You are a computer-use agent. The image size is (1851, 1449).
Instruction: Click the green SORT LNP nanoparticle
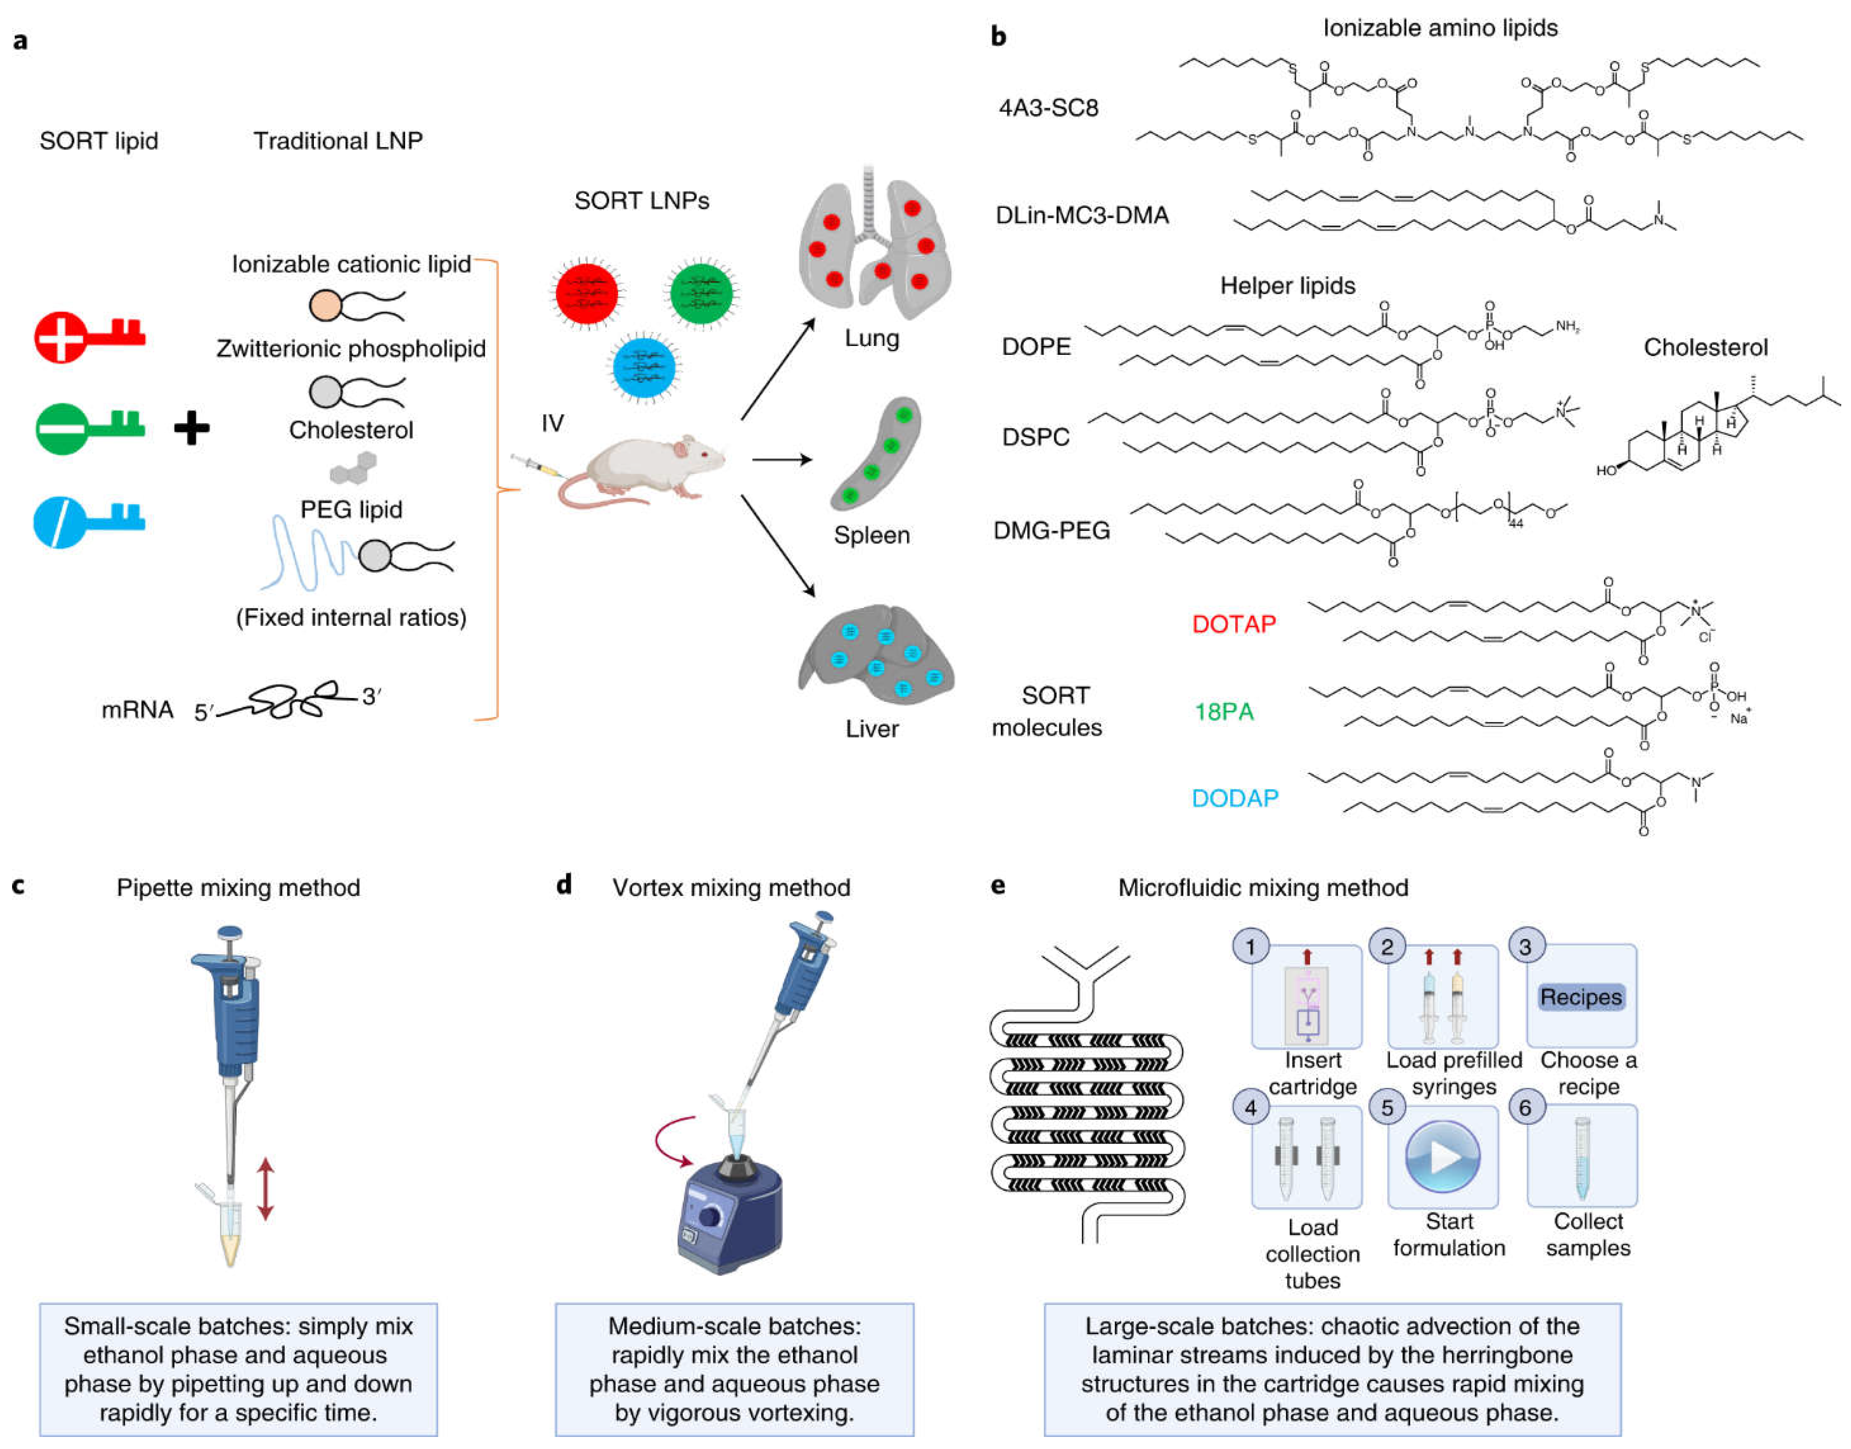click(x=701, y=293)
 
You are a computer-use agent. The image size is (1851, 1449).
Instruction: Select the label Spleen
click(x=871, y=535)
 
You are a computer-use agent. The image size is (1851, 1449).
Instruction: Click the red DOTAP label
click(x=1233, y=625)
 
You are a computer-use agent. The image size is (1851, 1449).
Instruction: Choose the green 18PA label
click(x=1223, y=712)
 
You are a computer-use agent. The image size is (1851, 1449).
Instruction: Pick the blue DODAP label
click(x=1234, y=798)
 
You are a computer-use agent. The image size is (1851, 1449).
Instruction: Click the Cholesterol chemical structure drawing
click(x=1714, y=428)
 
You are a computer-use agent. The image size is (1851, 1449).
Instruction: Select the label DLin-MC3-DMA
click(x=1082, y=215)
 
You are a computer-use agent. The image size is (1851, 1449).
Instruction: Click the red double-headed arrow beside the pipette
click(x=266, y=1189)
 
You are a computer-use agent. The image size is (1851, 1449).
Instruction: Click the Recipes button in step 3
click(x=1580, y=997)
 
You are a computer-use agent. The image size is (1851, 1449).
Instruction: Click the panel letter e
click(x=999, y=886)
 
